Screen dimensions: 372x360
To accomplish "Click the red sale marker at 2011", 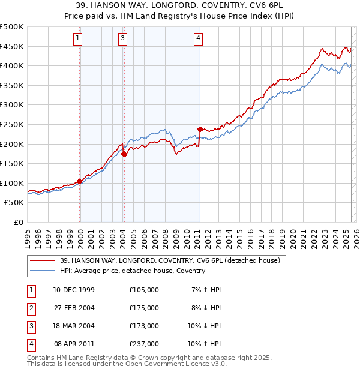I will (199, 129).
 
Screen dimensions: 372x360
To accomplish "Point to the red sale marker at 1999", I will (79, 181).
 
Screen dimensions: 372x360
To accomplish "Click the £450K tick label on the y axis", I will (12, 46).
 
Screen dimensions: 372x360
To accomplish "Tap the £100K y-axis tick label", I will (12, 183).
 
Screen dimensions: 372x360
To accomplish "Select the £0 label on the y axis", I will (18, 222).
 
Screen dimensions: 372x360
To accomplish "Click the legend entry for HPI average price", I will (132, 271).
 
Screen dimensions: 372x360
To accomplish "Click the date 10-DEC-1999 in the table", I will (74, 290).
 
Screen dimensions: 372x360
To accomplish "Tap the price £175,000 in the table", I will (143, 308).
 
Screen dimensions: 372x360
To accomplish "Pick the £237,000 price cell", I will (143, 344).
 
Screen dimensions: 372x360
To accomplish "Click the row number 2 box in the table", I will (31, 308).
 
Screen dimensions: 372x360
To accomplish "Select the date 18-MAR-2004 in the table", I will (74, 326).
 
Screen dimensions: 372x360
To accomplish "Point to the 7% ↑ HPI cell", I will (205, 290).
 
